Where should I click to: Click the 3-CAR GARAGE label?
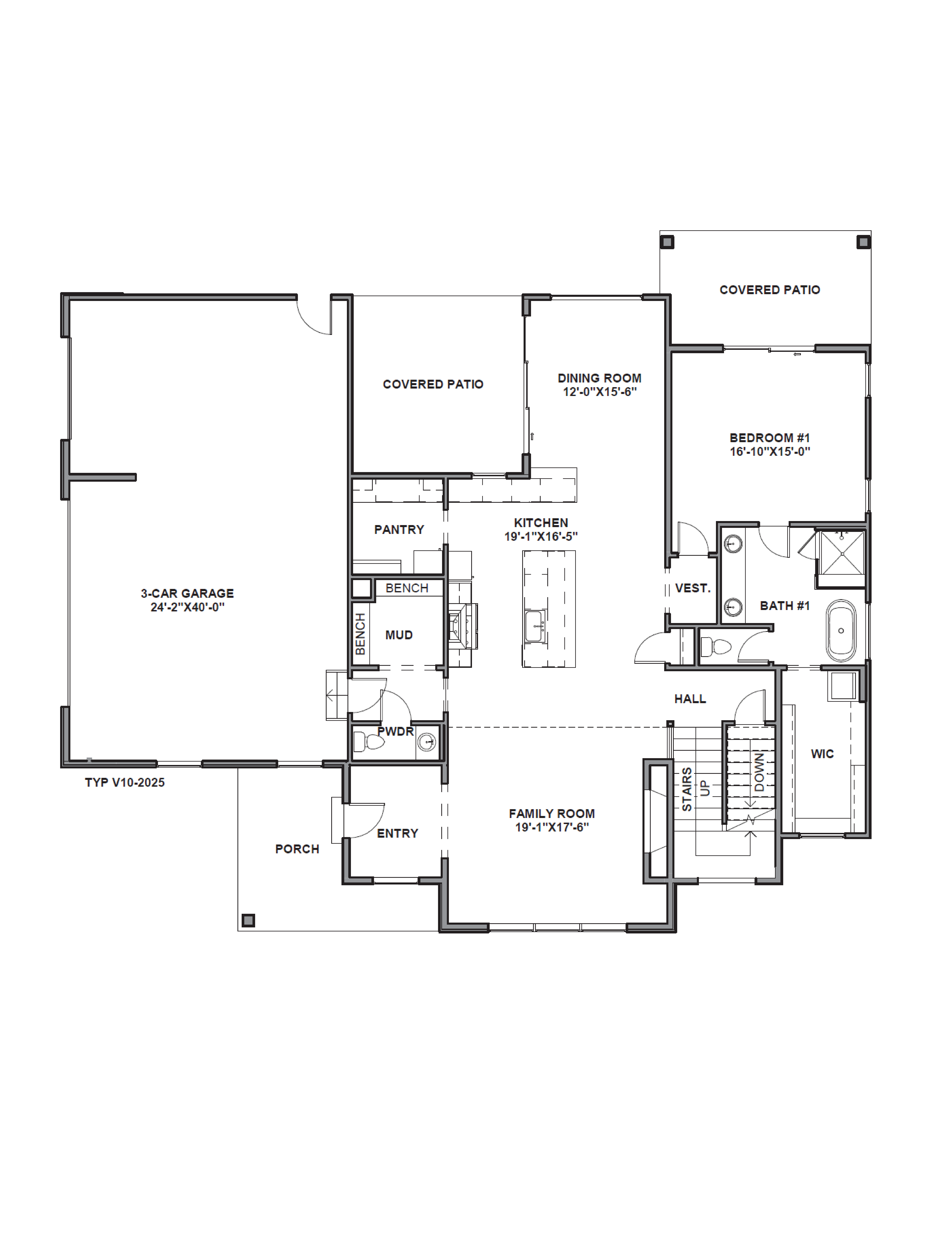[187, 593]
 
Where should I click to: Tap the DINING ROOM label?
[599, 378]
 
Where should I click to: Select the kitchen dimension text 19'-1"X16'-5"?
[540, 537]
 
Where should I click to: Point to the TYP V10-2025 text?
[124, 782]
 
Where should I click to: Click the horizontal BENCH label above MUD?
[407, 588]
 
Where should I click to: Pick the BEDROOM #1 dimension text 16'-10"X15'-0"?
[770, 452]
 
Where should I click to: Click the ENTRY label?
[397, 834]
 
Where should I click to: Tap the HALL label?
[689, 698]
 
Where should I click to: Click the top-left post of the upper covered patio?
[667, 242]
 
